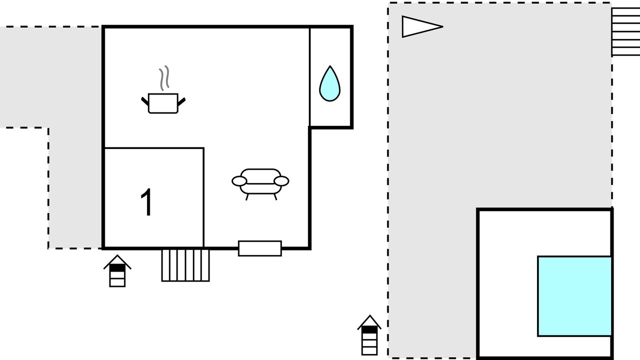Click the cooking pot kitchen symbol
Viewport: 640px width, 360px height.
tap(163, 103)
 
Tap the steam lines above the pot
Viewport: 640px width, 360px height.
tap(164, 78)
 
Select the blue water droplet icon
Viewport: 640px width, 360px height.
tap(329, 83)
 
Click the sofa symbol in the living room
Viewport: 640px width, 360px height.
tap(260, 184)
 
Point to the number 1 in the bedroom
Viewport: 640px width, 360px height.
tap(146, 202)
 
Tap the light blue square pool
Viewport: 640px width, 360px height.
tap(574, 296)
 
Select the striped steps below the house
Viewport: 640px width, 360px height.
tap(185, 265)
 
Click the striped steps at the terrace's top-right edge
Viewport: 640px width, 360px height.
tap(625, 31)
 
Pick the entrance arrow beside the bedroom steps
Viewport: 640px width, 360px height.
tap(117, 271)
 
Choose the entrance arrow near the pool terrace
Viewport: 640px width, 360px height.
tap(369, 335)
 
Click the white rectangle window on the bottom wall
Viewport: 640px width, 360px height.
tap(259, 248)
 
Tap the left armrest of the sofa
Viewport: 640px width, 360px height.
tap(239, 181)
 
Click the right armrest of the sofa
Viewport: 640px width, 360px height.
tap(281, 181)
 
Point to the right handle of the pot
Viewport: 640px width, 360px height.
tap(181, 101)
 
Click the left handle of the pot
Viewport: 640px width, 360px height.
tap(145, 101)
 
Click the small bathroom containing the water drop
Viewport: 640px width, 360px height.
tap(330, 77)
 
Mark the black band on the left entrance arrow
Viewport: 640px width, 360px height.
tap(117, 268)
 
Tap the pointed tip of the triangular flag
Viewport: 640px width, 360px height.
tap(443, 26)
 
